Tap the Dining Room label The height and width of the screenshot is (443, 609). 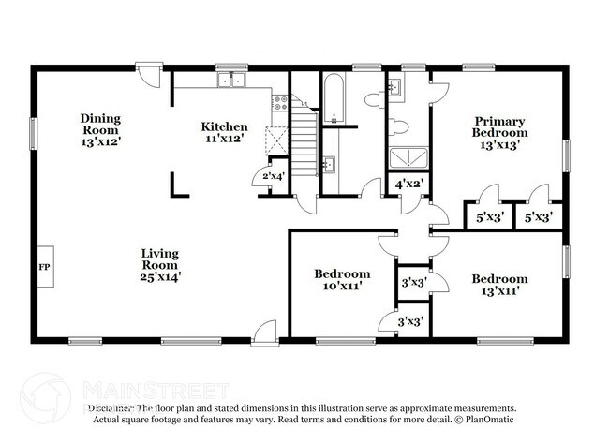99,125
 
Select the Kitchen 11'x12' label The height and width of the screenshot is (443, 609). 225,132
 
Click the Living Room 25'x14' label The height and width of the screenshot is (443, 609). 160,264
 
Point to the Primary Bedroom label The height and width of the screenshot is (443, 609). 498,133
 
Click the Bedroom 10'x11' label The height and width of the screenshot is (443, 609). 341,279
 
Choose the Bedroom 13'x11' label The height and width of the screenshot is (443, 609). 498,285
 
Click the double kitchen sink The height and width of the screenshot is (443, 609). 230,81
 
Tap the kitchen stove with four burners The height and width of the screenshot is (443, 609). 278,105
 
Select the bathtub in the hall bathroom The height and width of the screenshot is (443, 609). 334,101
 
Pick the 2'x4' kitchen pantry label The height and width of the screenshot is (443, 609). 273,175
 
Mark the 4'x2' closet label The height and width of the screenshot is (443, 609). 408,185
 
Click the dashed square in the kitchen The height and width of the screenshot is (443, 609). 275,140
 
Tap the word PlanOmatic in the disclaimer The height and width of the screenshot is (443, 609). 487,421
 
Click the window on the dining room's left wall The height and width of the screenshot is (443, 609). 34,133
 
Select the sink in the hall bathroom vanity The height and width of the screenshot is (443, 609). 329,167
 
